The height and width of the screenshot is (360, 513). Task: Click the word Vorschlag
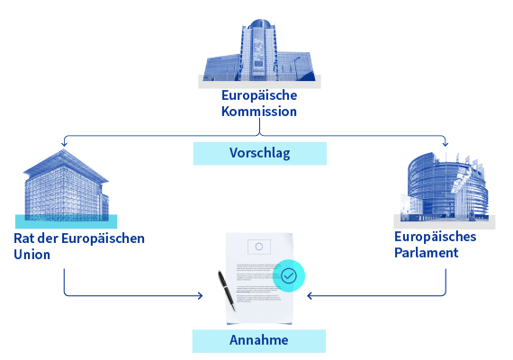(260, 153)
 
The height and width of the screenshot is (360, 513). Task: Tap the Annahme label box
(259, 341)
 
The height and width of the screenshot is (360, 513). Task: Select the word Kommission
(259, 112)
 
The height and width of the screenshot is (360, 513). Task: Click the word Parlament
(427, 252)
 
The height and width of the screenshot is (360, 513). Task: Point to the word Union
(32, 255)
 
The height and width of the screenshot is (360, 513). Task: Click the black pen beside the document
(227, 291)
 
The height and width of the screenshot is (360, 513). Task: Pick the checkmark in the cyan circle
(289, 275)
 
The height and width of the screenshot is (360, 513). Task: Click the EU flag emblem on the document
(259, 247)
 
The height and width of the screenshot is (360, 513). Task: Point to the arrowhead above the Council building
(64, 143)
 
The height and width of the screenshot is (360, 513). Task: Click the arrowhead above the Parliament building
(445, 143)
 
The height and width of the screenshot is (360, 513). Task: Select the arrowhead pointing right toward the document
(200, 296)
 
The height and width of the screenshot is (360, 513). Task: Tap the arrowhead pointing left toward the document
(310, 296)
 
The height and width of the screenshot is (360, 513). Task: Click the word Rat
(24, 238)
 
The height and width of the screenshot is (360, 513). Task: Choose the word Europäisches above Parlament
(435, 237)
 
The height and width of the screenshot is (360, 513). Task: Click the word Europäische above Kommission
(259, 95)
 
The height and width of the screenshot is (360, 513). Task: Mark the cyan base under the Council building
(66, 221)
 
